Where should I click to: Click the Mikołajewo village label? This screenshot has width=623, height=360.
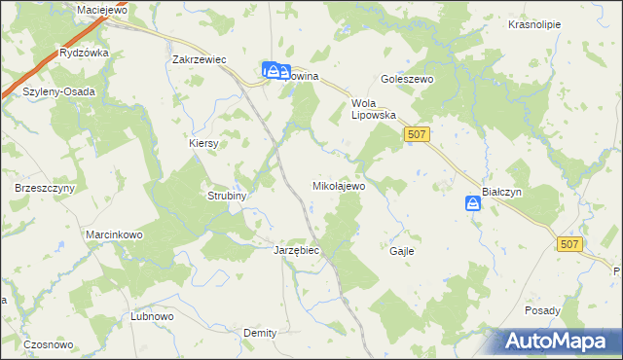338,185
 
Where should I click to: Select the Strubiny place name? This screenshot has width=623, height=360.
227,196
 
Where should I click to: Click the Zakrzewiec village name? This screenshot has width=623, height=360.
199,59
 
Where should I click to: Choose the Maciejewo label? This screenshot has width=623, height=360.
103,10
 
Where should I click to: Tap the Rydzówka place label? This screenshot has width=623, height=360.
84,54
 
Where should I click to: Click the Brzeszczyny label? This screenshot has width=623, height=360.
45,187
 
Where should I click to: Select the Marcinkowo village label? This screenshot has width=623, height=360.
115,235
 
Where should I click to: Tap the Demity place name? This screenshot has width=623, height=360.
260,333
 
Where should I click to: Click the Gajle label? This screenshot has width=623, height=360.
402,251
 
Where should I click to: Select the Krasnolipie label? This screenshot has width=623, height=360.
534,24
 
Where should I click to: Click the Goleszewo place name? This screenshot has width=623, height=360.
406,81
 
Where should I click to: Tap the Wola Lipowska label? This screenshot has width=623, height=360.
374,108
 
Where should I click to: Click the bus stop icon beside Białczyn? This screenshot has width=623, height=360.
472,203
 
